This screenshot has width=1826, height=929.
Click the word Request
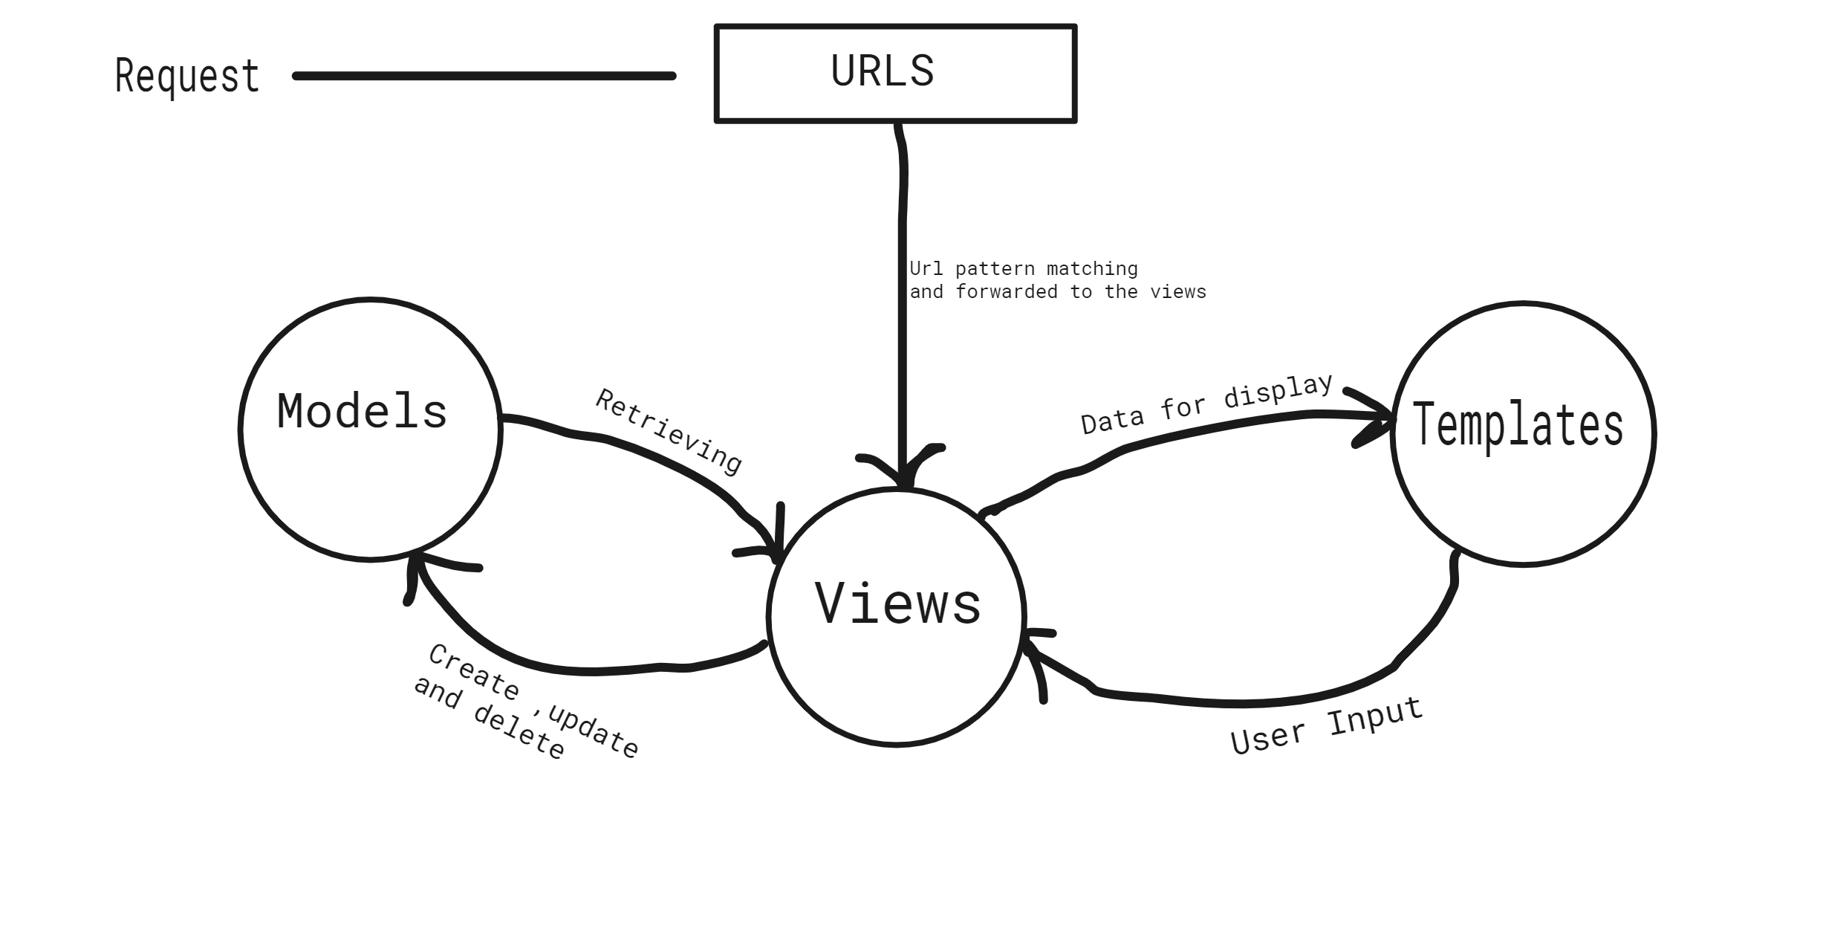[187, 76]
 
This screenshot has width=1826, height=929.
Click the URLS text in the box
[882, 71]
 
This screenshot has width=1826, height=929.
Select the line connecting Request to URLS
[484, 76]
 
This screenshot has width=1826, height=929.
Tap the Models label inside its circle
[362, 411]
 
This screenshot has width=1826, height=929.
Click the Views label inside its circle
[897, 603]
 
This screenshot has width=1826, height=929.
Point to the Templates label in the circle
[1518, 424]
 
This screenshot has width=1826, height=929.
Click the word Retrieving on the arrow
[669, 432]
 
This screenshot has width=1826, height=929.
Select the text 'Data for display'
[1206, 405]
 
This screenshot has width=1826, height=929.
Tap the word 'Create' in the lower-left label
[473, 673]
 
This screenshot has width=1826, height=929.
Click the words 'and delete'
[489, 718]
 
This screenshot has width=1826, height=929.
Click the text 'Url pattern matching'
[1023, 268]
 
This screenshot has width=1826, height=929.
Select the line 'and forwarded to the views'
[1057, 292]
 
